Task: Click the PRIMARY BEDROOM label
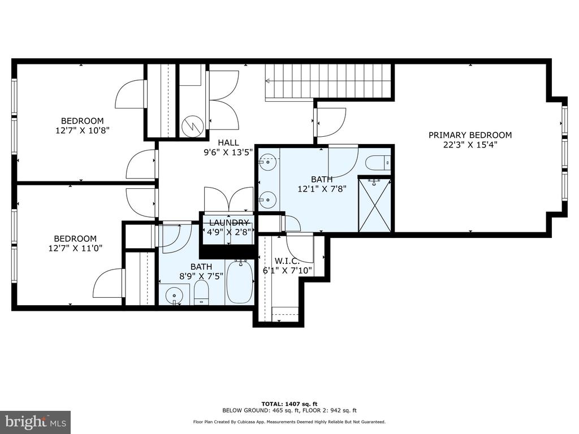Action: pos(470,135)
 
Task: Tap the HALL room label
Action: pos(228,142)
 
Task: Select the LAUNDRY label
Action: pos(229,223)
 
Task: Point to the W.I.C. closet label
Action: pos(284,261)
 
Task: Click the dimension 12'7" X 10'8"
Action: pos(83,131)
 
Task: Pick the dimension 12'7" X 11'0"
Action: pos(75,248)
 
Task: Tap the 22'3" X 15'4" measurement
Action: pos(470,145)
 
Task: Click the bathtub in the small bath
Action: pos(240,281)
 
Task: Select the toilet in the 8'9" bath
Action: pos(201,293)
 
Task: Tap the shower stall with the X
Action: pos(375,205)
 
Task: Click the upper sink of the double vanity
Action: pos(267,162)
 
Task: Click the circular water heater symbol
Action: pos(192,126)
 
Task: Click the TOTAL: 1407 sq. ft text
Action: pos(289,403)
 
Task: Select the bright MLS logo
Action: pos(36,422)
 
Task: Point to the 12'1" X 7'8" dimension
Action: pos(322,189)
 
